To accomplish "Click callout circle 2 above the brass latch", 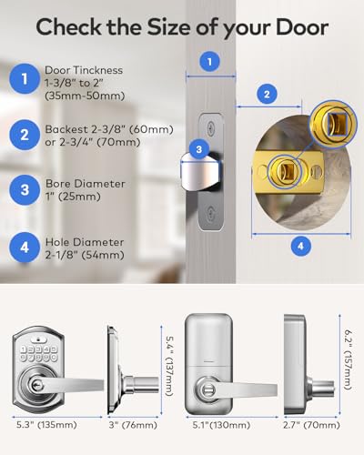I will point(266,93).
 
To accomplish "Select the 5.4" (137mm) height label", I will point(168,364).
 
